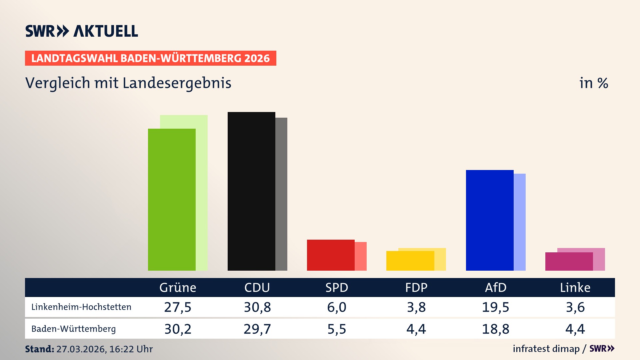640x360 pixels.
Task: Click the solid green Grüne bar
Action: (x=172, y=200)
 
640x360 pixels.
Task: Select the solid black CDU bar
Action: (x=251, y=192)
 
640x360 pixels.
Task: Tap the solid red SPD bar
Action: (x=331, y=255)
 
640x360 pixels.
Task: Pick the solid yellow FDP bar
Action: (x=410, y=261)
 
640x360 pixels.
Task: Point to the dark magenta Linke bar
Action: (x=569, y=262)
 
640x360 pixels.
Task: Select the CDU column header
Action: (x=257, y=287)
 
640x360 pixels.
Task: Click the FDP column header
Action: (x=416, y=287)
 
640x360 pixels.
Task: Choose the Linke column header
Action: (x=575, y=287)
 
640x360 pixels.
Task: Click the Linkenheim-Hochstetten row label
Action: (x=81, y=307)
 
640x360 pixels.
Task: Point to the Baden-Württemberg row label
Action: (x=74, y=329)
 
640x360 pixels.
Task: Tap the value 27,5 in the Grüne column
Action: (x=178, y=307)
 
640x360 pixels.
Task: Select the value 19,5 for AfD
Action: (x=495, y=307)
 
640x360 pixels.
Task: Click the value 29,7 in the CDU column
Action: (x=257, y=329)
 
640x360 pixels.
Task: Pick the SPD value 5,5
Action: (x=337, y=329)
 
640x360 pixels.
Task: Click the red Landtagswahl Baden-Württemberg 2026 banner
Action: (x=150, y=58)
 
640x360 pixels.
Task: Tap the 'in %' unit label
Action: (x=594, y=83)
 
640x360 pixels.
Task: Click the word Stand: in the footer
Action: (x=39, y=349)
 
